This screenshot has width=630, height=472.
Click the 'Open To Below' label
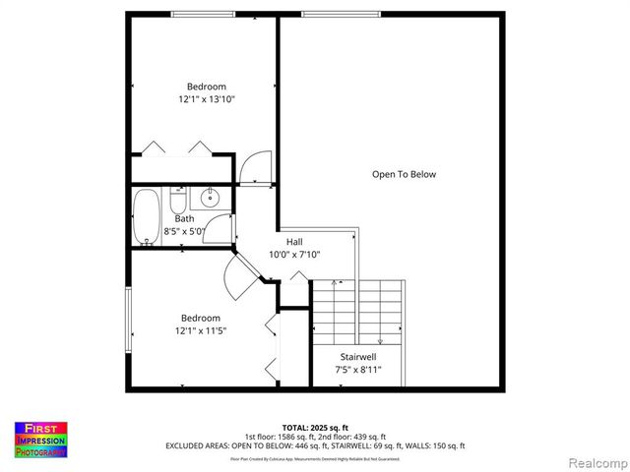click(404, 174)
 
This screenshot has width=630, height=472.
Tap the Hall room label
click(294, 241)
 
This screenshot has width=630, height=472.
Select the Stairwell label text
click(358, 356)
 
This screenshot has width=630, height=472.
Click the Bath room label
click(184, 218)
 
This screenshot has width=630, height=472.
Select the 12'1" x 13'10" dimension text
click(207, 99)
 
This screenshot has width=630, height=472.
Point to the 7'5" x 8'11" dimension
click(358, 370)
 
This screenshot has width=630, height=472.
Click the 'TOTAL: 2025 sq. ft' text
click(315, 428)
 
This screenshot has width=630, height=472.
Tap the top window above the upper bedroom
click(203, 13)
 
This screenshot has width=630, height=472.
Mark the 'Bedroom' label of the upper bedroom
click(207, 87)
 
